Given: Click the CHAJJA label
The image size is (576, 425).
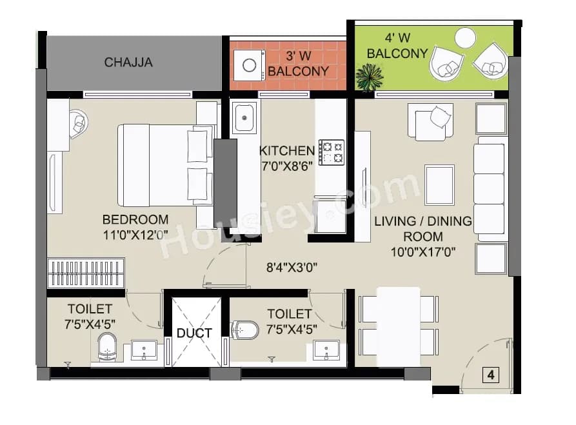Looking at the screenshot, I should (x=128, y=63).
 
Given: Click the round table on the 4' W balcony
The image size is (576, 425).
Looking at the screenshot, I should (x=464, y=38).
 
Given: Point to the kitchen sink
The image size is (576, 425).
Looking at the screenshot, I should (x=244, y=118).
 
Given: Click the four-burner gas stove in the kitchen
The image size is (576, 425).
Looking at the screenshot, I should (x=331, y=153).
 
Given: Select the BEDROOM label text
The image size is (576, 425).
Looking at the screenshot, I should (x=135, y=219).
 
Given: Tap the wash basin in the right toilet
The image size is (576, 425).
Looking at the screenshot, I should (x=326, y=350).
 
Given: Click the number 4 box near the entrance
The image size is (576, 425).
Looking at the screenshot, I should (x=492, y=375).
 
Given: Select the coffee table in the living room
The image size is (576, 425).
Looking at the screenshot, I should (x=439, y=184).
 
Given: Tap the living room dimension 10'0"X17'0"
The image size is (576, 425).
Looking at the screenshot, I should (x=423, y=252).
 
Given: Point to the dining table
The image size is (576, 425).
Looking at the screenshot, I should (x=398, y=326).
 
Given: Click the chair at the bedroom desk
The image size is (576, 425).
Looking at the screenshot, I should (x=78, y=122).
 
